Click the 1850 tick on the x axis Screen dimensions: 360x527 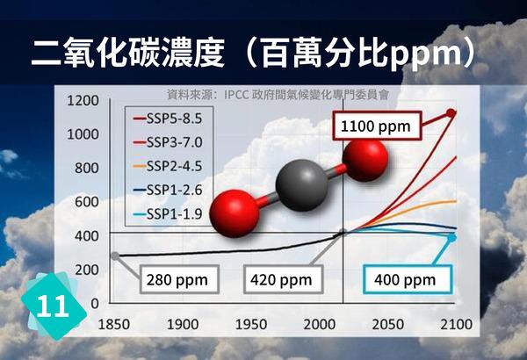coord(114,323)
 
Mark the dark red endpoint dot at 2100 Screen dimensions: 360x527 coord(451,113)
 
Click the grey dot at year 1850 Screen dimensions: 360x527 coord(115,256)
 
